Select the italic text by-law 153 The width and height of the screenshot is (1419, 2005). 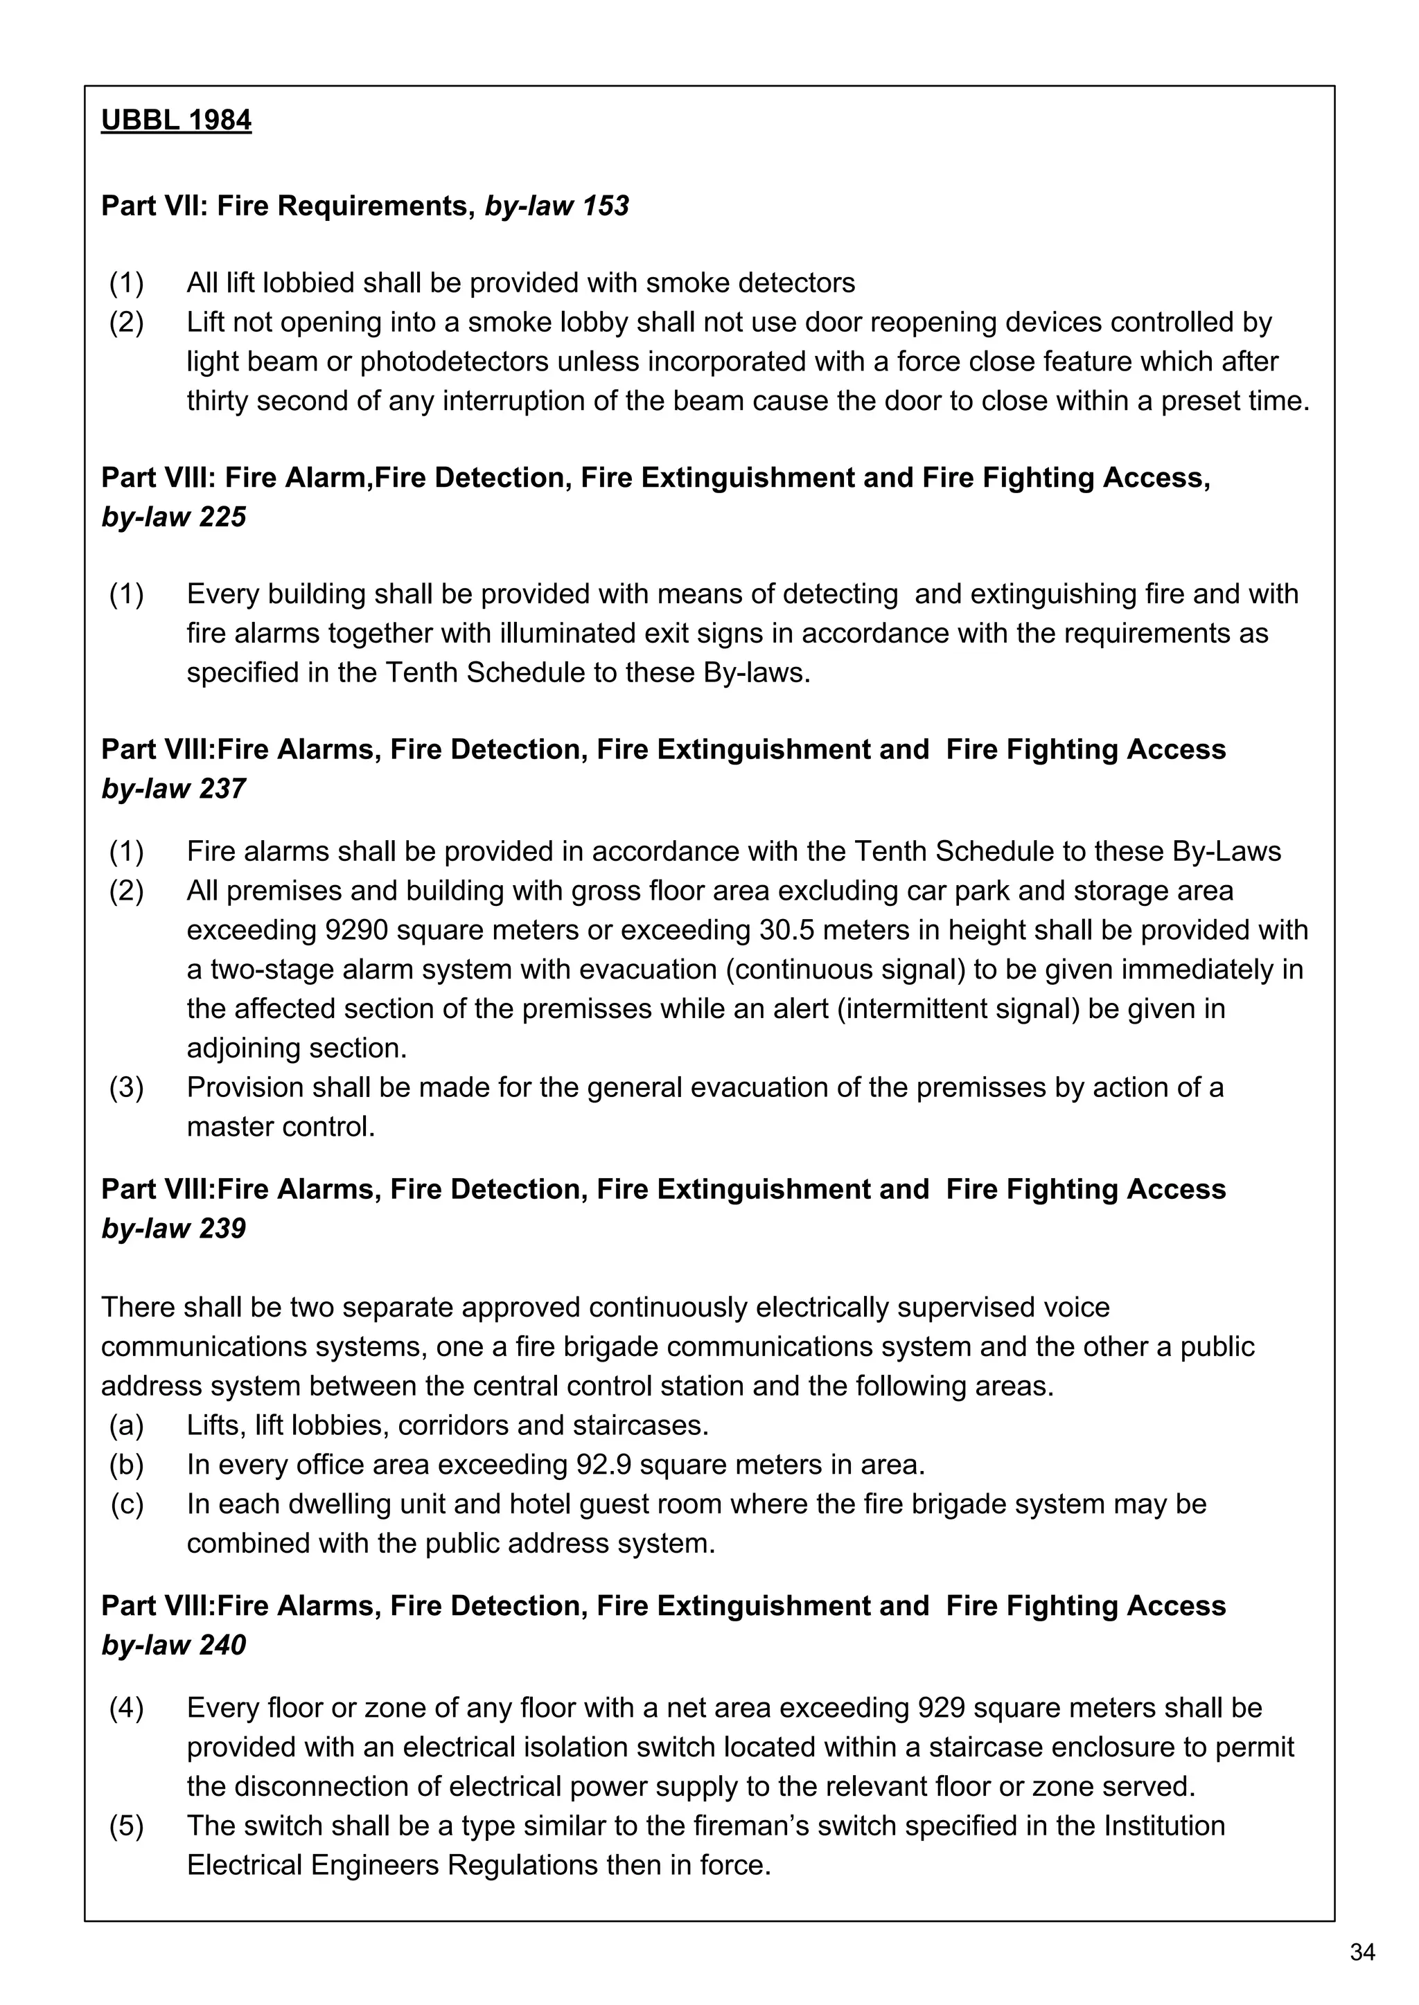(556, 206)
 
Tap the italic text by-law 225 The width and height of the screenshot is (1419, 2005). (173, 517)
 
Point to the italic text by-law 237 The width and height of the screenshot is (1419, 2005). (173, 789)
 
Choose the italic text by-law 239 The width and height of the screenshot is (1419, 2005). (173, 1229)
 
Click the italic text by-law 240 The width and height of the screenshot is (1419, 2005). (173, 1646)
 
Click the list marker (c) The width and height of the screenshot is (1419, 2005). (127, 1504)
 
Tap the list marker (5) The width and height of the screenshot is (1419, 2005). (127, 1825)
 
